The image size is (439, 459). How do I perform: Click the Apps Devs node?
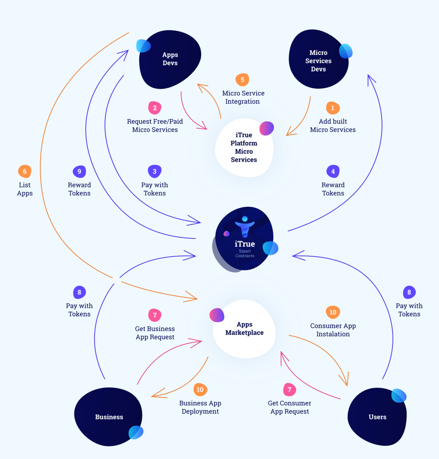170,59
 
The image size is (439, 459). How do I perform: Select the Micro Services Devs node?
319,59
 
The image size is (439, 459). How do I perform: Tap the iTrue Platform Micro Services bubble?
244,148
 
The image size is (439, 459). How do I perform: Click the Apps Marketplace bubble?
244,329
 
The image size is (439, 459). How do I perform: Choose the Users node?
377,417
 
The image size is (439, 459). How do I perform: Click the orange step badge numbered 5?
242,80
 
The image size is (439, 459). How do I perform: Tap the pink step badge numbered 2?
155,108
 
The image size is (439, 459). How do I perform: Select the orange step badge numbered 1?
333,108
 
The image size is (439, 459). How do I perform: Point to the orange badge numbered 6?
25,172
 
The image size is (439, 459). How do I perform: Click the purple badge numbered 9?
79,172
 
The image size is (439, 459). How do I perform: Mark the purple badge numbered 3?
155,172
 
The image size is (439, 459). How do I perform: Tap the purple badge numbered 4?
333,172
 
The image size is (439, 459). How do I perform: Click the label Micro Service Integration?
243,97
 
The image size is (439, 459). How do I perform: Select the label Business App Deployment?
200,407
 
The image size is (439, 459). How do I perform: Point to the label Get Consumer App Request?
289,407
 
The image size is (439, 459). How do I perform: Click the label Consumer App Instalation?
333,330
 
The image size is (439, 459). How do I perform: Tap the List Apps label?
25,189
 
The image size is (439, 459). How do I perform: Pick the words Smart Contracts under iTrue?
245,253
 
